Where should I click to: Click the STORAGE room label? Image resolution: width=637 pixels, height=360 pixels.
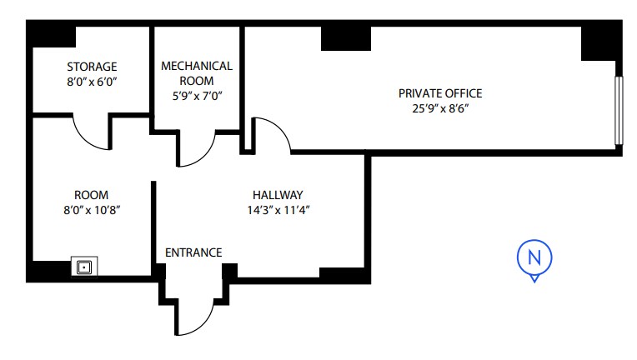(x=92, y=67)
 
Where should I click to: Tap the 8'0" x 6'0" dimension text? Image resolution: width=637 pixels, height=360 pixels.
(x=92, y=82)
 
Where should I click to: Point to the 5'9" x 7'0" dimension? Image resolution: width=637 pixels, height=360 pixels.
(x=197, y=96)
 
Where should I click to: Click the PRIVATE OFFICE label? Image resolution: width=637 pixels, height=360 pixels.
(x=440, y=93)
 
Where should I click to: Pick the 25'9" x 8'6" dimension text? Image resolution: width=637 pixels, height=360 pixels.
(x=440, y=108)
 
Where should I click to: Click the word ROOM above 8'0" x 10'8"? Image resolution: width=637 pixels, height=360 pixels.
(x=92, y=194)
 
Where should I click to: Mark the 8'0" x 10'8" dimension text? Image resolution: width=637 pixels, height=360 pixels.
(x=92, y=209)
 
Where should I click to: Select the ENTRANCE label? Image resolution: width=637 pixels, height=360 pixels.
(x=193, y=252)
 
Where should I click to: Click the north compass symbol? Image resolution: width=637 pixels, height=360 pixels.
(x=534, y=257)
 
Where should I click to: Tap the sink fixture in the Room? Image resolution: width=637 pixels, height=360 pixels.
(x=84, y=267)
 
